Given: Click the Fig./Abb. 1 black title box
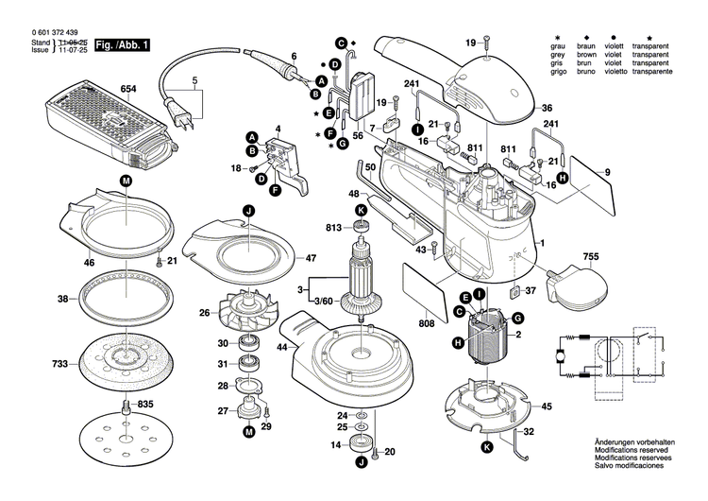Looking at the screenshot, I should coord(121,44).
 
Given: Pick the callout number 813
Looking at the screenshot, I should coord(333,227).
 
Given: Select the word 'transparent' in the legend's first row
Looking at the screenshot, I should coord(650,45).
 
